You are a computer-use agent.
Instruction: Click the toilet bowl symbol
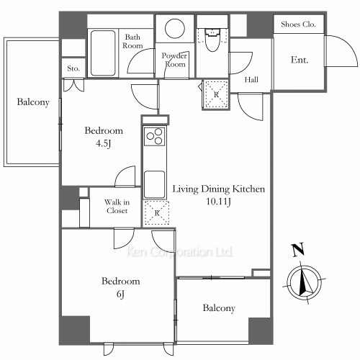tap(212, 40)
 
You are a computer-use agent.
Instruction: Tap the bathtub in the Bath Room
tap(103, 53)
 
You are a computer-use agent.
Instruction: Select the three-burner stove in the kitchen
tap(154, 136)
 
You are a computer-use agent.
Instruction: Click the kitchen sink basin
tap(154, 184)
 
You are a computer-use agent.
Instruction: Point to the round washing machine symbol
tap(175, 29)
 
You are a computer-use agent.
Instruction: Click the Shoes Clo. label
tap(298, 24)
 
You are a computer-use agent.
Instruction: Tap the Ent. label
tap(300, 60)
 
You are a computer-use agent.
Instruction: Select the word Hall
tap(251, 79)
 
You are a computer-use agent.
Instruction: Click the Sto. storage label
tap(73, 68)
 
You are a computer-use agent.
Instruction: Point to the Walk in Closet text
tap(117, 207)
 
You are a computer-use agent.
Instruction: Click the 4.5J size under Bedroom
tap(104, 144)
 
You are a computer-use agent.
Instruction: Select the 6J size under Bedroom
tap(120, 294)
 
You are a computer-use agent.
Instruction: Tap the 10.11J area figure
tap(218, 202)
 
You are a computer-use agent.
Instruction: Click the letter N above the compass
tap(297, 250)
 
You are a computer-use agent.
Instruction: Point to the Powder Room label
tap(174, 60)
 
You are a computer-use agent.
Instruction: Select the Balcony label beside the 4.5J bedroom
tap(33, 102)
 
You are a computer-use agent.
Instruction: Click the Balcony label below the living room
tap(219, 308)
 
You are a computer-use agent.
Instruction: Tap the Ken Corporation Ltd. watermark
tap(179, 252)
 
